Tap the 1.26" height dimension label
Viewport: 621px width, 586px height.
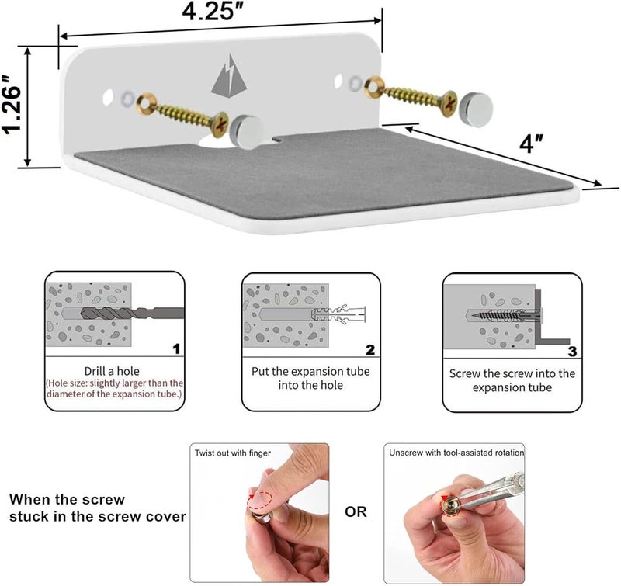pos(11,104)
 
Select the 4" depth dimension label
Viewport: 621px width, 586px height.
pos(531,144)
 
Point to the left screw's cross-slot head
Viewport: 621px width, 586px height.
pos(220,124)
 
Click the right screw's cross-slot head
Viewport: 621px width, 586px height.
pos(449,104)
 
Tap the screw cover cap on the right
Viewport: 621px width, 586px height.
pos(475,109)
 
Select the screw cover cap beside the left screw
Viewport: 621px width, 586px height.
pos(246,132)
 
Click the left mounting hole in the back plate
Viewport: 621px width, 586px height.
pos(108,97)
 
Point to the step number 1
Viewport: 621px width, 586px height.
pos(177,348)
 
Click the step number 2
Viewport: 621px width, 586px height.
pos(370,349)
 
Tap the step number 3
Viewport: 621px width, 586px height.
pos(572,351)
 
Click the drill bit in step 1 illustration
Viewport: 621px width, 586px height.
pos(133,314)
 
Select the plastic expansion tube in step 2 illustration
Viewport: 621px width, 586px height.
pos(339,314)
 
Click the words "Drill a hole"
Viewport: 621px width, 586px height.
pos(112,371)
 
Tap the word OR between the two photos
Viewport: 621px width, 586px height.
pos(356,512)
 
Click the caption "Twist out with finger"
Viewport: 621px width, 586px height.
pos(233,453)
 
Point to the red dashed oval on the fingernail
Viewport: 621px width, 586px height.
pos(260,501)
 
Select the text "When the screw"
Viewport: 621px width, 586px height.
pos(67,499)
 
